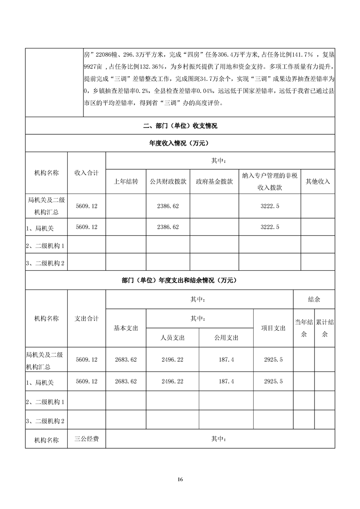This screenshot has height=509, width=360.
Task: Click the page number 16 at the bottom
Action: point(180,480)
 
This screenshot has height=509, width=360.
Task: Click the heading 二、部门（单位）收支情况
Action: point(180,126)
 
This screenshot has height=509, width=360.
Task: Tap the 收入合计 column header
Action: point(86,172)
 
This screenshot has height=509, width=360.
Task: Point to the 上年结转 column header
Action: point(125,181)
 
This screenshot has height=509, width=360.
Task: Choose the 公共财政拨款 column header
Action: point(168,181)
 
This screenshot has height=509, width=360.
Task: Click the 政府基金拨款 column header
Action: point(214,181)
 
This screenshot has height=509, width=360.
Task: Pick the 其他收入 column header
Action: point(318,181)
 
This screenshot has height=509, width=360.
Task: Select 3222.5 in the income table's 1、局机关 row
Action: point(270,227)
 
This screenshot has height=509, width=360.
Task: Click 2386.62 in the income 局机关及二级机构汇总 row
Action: point(168,206)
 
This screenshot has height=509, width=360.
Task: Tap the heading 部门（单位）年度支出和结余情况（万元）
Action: point(180,281)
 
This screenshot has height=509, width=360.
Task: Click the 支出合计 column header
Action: point(86,318)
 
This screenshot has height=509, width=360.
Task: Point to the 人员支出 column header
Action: point(173,338)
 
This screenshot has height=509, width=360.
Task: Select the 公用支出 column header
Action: point(226,338)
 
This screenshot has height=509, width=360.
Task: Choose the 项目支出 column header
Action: point(273,328)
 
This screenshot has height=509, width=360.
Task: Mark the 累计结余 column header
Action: point(325,328)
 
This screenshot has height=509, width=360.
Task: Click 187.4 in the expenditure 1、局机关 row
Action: point(226,382)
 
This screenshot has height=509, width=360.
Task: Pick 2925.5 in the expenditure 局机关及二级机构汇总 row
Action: point(273,360)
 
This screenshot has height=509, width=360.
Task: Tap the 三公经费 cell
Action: point(86,439)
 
